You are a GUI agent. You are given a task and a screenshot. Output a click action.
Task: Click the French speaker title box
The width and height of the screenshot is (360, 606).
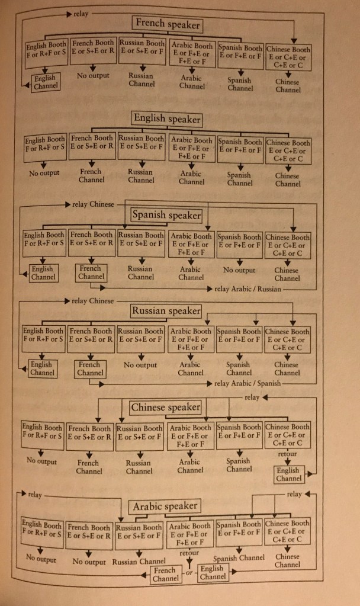168,24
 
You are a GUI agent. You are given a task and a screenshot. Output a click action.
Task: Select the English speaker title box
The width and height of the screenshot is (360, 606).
167,118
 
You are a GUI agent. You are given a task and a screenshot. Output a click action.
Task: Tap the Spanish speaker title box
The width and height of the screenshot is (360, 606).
166,215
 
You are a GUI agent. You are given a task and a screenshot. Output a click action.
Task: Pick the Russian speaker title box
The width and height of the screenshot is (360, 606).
166,310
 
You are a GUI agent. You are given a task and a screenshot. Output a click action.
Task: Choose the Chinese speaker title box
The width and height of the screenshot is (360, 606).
165,408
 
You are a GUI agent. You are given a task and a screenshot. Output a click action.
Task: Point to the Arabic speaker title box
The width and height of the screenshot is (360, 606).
165,506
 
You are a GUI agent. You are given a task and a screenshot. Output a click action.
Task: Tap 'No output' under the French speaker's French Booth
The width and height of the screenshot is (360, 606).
92,76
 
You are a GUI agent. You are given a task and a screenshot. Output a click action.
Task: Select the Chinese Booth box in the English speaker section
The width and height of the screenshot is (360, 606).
288,150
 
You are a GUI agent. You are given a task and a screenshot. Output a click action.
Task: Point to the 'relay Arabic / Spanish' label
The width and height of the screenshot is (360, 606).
247,384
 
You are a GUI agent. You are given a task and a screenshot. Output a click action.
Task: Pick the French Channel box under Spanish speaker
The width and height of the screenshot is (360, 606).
91,272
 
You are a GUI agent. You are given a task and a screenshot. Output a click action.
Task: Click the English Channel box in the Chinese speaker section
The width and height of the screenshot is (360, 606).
288,474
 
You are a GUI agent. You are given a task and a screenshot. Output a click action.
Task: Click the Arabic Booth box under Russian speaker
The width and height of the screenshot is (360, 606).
191,339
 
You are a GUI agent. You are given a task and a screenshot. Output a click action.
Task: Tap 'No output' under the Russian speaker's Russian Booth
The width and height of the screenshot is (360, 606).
140,365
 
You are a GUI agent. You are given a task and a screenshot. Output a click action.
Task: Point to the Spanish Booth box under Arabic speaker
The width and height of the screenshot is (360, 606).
239,531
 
